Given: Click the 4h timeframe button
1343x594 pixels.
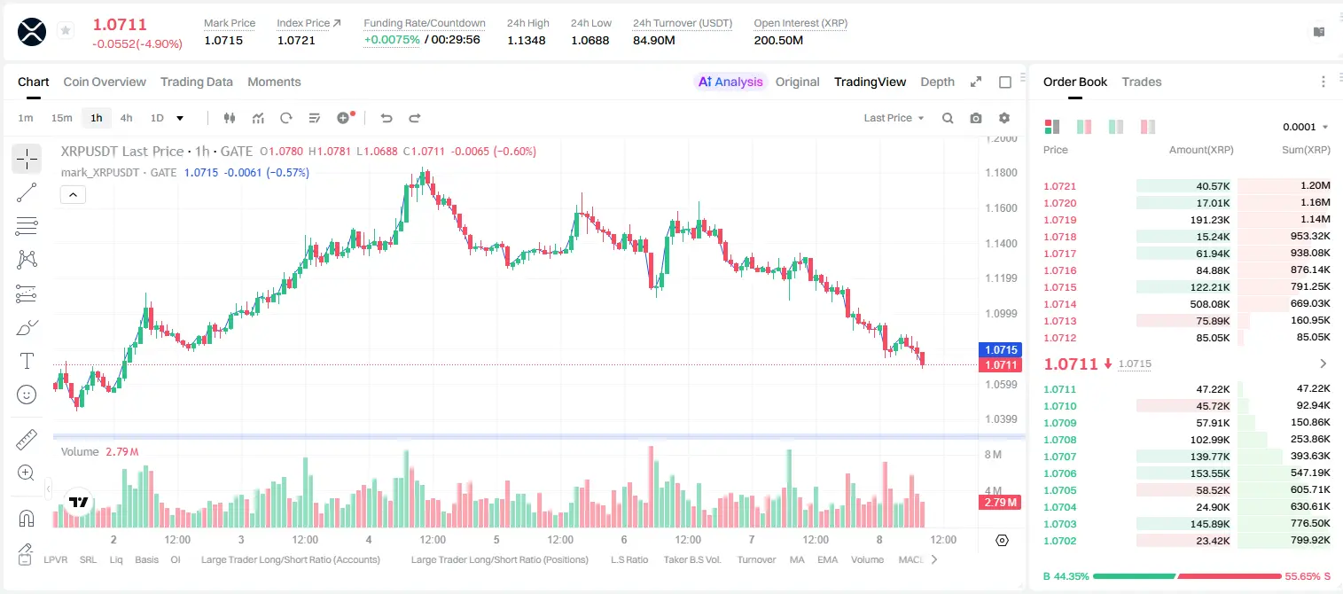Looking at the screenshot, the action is [x=126, y=118].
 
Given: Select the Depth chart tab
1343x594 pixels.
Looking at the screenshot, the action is [x=937, y=82].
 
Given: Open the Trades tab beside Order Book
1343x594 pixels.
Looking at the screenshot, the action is [x=1142, y=82].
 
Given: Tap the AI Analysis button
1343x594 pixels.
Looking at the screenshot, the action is [x=730, y=82].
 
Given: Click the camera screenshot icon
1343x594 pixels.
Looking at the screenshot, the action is [x=976, y=118].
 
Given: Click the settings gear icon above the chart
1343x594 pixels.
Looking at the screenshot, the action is [x=1004, y=118].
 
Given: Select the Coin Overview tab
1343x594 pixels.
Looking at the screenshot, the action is [x=105, y=82].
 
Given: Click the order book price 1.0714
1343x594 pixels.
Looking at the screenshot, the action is [x=1059, y=304].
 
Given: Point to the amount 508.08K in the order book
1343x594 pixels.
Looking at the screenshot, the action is [x=1209, y=304].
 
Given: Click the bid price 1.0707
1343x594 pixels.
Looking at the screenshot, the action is [x=1059, y=457].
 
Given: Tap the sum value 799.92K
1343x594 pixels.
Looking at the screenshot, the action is [x=1310, y=540].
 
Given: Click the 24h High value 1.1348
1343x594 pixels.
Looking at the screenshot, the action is [x=526, y=40].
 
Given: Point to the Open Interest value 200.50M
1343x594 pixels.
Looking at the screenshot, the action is [x=778, y=40].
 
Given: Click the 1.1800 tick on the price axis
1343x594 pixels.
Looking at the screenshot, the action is [x=1001, y=173].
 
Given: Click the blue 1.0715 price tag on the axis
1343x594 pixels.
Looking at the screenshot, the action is [x=1000, y=349].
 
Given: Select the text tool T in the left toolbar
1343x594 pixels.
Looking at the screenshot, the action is [x=27, y=361].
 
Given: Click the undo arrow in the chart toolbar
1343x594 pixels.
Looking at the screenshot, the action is [x=387, y=118].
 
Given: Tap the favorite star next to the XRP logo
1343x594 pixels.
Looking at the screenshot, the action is [x=66, y=30].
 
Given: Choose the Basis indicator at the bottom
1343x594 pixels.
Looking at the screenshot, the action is [x=146, y=559].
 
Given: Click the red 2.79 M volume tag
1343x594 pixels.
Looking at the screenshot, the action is [x=1000, y=503].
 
